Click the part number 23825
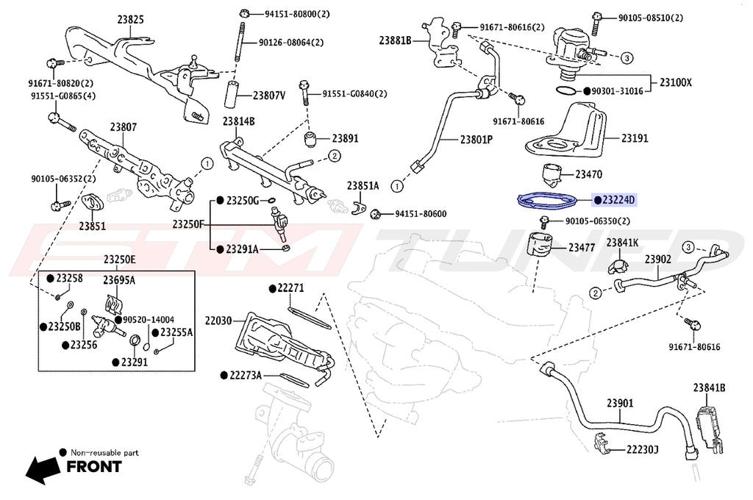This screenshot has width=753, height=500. pos(129,21)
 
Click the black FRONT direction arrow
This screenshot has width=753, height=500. pos(43,467)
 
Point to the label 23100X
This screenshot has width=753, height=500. pos(674,82)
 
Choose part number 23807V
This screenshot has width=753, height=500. pos(268,96)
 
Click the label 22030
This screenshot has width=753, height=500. pos(218,321)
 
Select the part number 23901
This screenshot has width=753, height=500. pos(620,404)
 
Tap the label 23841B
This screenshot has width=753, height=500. pos(709,387)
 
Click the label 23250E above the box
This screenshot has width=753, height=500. pos(118,260)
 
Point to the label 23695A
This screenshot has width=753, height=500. pos(118,280)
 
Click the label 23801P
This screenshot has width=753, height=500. pos(476,139)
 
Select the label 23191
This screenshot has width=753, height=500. pos(634,137)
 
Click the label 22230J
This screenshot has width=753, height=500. pos(642,449)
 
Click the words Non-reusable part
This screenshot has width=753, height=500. pos(104,453)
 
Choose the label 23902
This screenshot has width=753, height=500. pos(657,260)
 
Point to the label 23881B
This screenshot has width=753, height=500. pos(395,40)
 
